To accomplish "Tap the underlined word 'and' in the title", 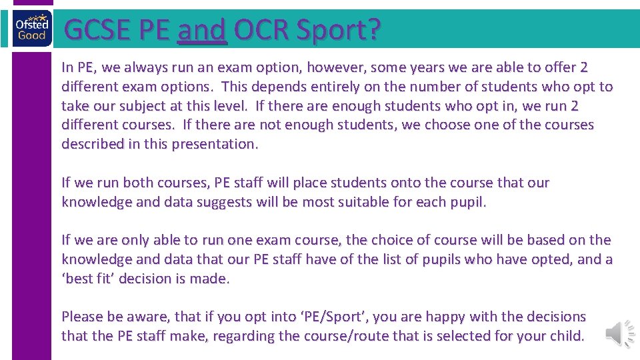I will pyautogui.click(x=203, y=31).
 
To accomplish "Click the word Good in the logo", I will pyautogui.click(x=32, y=35).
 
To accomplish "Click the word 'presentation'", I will pyautogui.click(x=213, y=144).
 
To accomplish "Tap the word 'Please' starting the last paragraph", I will pyautogui.click(x=81, y=317).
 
